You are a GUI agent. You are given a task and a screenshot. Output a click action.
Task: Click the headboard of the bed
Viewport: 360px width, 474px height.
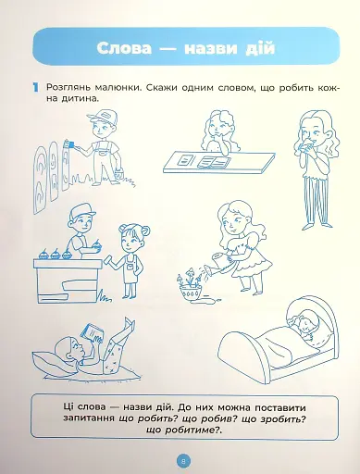[242, 349]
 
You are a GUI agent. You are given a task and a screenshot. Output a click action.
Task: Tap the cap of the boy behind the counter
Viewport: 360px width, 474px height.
[81, 207]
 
